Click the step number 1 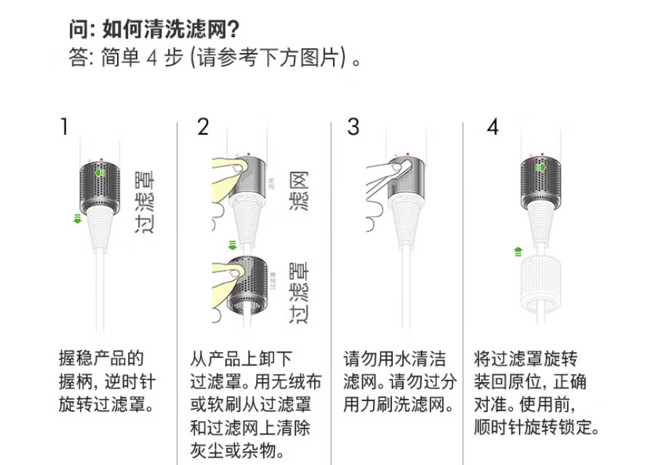pos(65,127)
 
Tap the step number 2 pos(203,127)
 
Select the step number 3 pos(353,127)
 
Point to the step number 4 pos(493,127)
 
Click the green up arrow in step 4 pos(517,252)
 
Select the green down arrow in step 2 pos(233,245)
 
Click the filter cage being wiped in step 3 pos(404,178)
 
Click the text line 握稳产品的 pos(101,359)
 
